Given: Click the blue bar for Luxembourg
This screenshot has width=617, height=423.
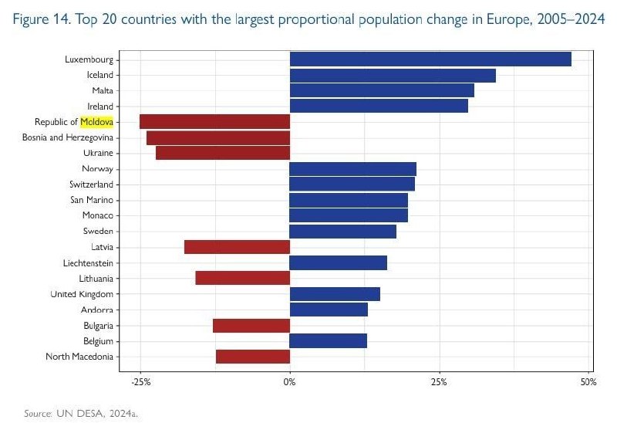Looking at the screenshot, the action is (430, 59).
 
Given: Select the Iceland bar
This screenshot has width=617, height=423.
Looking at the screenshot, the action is (393, 75).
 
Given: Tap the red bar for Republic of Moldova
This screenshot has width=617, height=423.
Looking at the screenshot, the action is (215, 122).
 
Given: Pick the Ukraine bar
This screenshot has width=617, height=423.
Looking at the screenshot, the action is (223, 153).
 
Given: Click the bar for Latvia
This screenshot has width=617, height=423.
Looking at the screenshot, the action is (238, 247).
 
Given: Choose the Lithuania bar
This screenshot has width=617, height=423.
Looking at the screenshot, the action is (243, 278).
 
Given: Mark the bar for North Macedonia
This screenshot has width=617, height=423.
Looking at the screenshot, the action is (253, 357).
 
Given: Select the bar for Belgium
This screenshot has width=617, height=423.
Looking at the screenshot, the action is (329, 340).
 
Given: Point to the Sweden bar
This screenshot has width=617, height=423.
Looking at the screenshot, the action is (342, 232).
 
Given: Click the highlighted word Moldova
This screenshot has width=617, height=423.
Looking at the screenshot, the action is (97, 122).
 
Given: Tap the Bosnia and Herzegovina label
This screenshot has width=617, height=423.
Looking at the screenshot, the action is (68, 137).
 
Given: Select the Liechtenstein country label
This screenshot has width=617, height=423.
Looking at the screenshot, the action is (88, 262).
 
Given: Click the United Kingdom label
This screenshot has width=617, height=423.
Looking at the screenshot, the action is (82, 294).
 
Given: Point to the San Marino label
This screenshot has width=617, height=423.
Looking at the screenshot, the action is (92, 200).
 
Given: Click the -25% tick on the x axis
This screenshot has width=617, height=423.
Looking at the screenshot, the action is (141, 381).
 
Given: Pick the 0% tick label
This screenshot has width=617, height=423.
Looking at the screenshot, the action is (290, 381).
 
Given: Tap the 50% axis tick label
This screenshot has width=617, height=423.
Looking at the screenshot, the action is (588, 381).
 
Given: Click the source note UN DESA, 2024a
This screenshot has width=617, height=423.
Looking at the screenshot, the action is (97, 413).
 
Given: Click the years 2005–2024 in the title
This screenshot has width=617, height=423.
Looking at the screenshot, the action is (571, 19).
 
